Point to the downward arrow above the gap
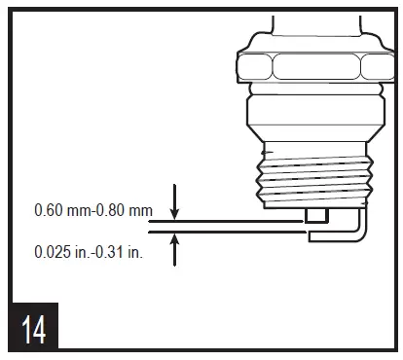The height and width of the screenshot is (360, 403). (174, 201)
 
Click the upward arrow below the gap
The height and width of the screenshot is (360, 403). (174, 250)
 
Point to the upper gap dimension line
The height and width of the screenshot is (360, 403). (224, 221)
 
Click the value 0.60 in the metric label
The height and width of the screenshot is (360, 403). (48, 209)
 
